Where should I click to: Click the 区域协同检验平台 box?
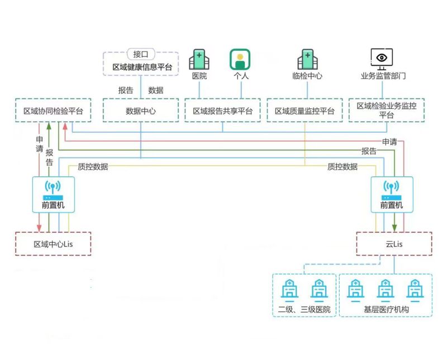53,111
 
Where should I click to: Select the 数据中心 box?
140,111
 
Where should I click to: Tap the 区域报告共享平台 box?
222,111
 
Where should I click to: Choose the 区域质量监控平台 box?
305,111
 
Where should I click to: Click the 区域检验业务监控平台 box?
386,110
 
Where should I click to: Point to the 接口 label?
140,54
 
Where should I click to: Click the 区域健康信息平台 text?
141,67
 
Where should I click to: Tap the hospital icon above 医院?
199,59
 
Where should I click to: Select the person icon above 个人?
240,59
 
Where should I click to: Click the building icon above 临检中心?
307,59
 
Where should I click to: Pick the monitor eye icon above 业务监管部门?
382,58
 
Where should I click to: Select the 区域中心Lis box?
53,244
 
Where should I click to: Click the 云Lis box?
394,244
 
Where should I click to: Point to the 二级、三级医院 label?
304,309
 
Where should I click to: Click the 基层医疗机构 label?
386,309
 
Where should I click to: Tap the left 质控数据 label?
93,166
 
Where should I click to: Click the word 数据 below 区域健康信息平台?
156,90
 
